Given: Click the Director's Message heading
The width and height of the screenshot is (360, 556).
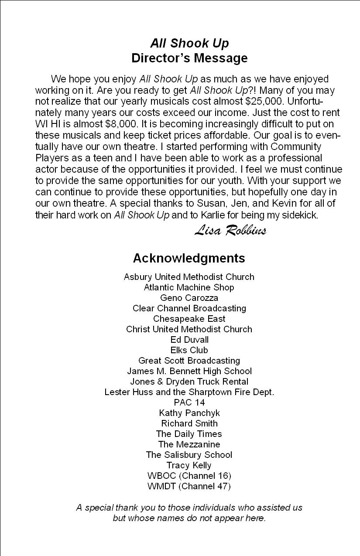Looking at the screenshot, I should click(x=189, y=58).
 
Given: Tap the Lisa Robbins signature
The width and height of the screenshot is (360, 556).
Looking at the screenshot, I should click(x=230, y=230).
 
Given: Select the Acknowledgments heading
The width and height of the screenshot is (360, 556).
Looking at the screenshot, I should click(x=189, y=258).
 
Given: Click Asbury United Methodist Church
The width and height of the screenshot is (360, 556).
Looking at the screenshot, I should click(x=189, y=277).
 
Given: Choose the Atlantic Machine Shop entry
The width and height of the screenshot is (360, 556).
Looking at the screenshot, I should click(x=189, y=287).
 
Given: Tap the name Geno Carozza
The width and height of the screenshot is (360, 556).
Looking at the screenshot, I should click(x=189, y=298).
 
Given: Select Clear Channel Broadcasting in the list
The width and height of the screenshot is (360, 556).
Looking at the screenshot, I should click(x=189, y=308).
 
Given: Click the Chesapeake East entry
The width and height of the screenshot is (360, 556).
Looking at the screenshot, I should click(x=189, y=319).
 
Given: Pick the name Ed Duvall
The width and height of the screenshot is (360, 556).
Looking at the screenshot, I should click(x=189, y=340).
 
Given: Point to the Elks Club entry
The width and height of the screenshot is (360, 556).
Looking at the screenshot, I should click(x=189, y=350).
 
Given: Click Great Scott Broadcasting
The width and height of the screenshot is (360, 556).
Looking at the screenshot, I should click(x=189, y=361).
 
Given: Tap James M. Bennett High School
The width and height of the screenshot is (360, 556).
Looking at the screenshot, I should click(x=189, y=371).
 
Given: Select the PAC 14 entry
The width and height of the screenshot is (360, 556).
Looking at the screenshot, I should click(x=189, y=403).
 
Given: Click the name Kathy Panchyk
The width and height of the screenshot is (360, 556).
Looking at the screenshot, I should click(x=189, y=413).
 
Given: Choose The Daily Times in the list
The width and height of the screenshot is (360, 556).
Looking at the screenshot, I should click(x=189, y=434).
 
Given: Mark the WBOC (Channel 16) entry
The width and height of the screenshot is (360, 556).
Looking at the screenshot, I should click(x=189, y=476).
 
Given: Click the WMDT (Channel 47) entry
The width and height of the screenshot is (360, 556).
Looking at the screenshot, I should click(x=189, y=486).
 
